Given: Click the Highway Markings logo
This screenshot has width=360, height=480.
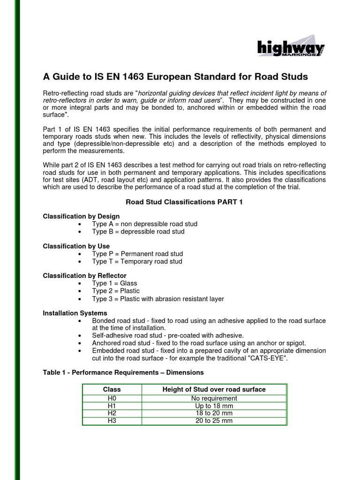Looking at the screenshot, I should click(x=291, y=48).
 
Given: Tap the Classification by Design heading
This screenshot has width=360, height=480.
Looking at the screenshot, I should click(x=81, y=217).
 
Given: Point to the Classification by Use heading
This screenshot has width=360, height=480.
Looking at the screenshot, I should click(x=76, y=246).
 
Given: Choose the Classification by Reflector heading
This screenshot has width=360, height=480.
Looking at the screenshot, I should click(x=84, y=276).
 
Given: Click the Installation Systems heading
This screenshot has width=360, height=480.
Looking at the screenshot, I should click(x=75, y=313).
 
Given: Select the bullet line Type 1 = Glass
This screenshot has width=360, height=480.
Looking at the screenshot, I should click(x=114, y=283).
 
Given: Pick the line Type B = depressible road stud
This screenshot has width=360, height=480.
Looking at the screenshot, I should click(x=138, y=232).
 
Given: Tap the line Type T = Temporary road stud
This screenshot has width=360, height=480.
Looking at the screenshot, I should click(x=137, y=261).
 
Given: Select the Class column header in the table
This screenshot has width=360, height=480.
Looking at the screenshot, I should click(x=112, y=390).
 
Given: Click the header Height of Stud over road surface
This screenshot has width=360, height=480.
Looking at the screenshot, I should click(x=214, y=390).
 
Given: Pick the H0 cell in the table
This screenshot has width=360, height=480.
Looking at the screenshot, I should click(x=112, y=398).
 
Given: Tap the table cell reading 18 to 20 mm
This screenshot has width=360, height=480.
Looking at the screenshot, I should click(x=214, y=413).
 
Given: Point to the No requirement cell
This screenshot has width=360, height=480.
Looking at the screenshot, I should click(x=214, y=398).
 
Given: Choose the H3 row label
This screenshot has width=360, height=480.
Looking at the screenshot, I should click(x=112, y=421).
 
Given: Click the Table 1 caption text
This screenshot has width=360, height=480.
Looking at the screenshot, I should click(x=123, y=373).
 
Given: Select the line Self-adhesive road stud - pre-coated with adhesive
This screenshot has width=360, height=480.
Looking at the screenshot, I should click(x=168, y=336).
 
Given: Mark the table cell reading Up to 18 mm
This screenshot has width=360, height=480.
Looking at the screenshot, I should click(x=214, y=406).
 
